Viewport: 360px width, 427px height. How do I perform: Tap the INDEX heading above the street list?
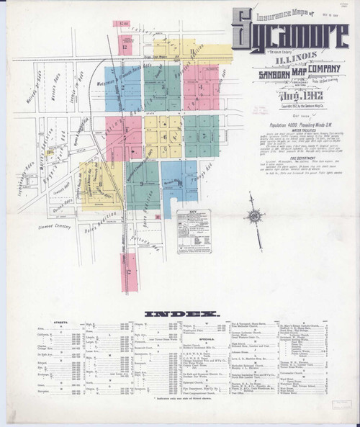coord(179,314)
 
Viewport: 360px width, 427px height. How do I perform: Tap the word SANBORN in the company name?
coord(257,73)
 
